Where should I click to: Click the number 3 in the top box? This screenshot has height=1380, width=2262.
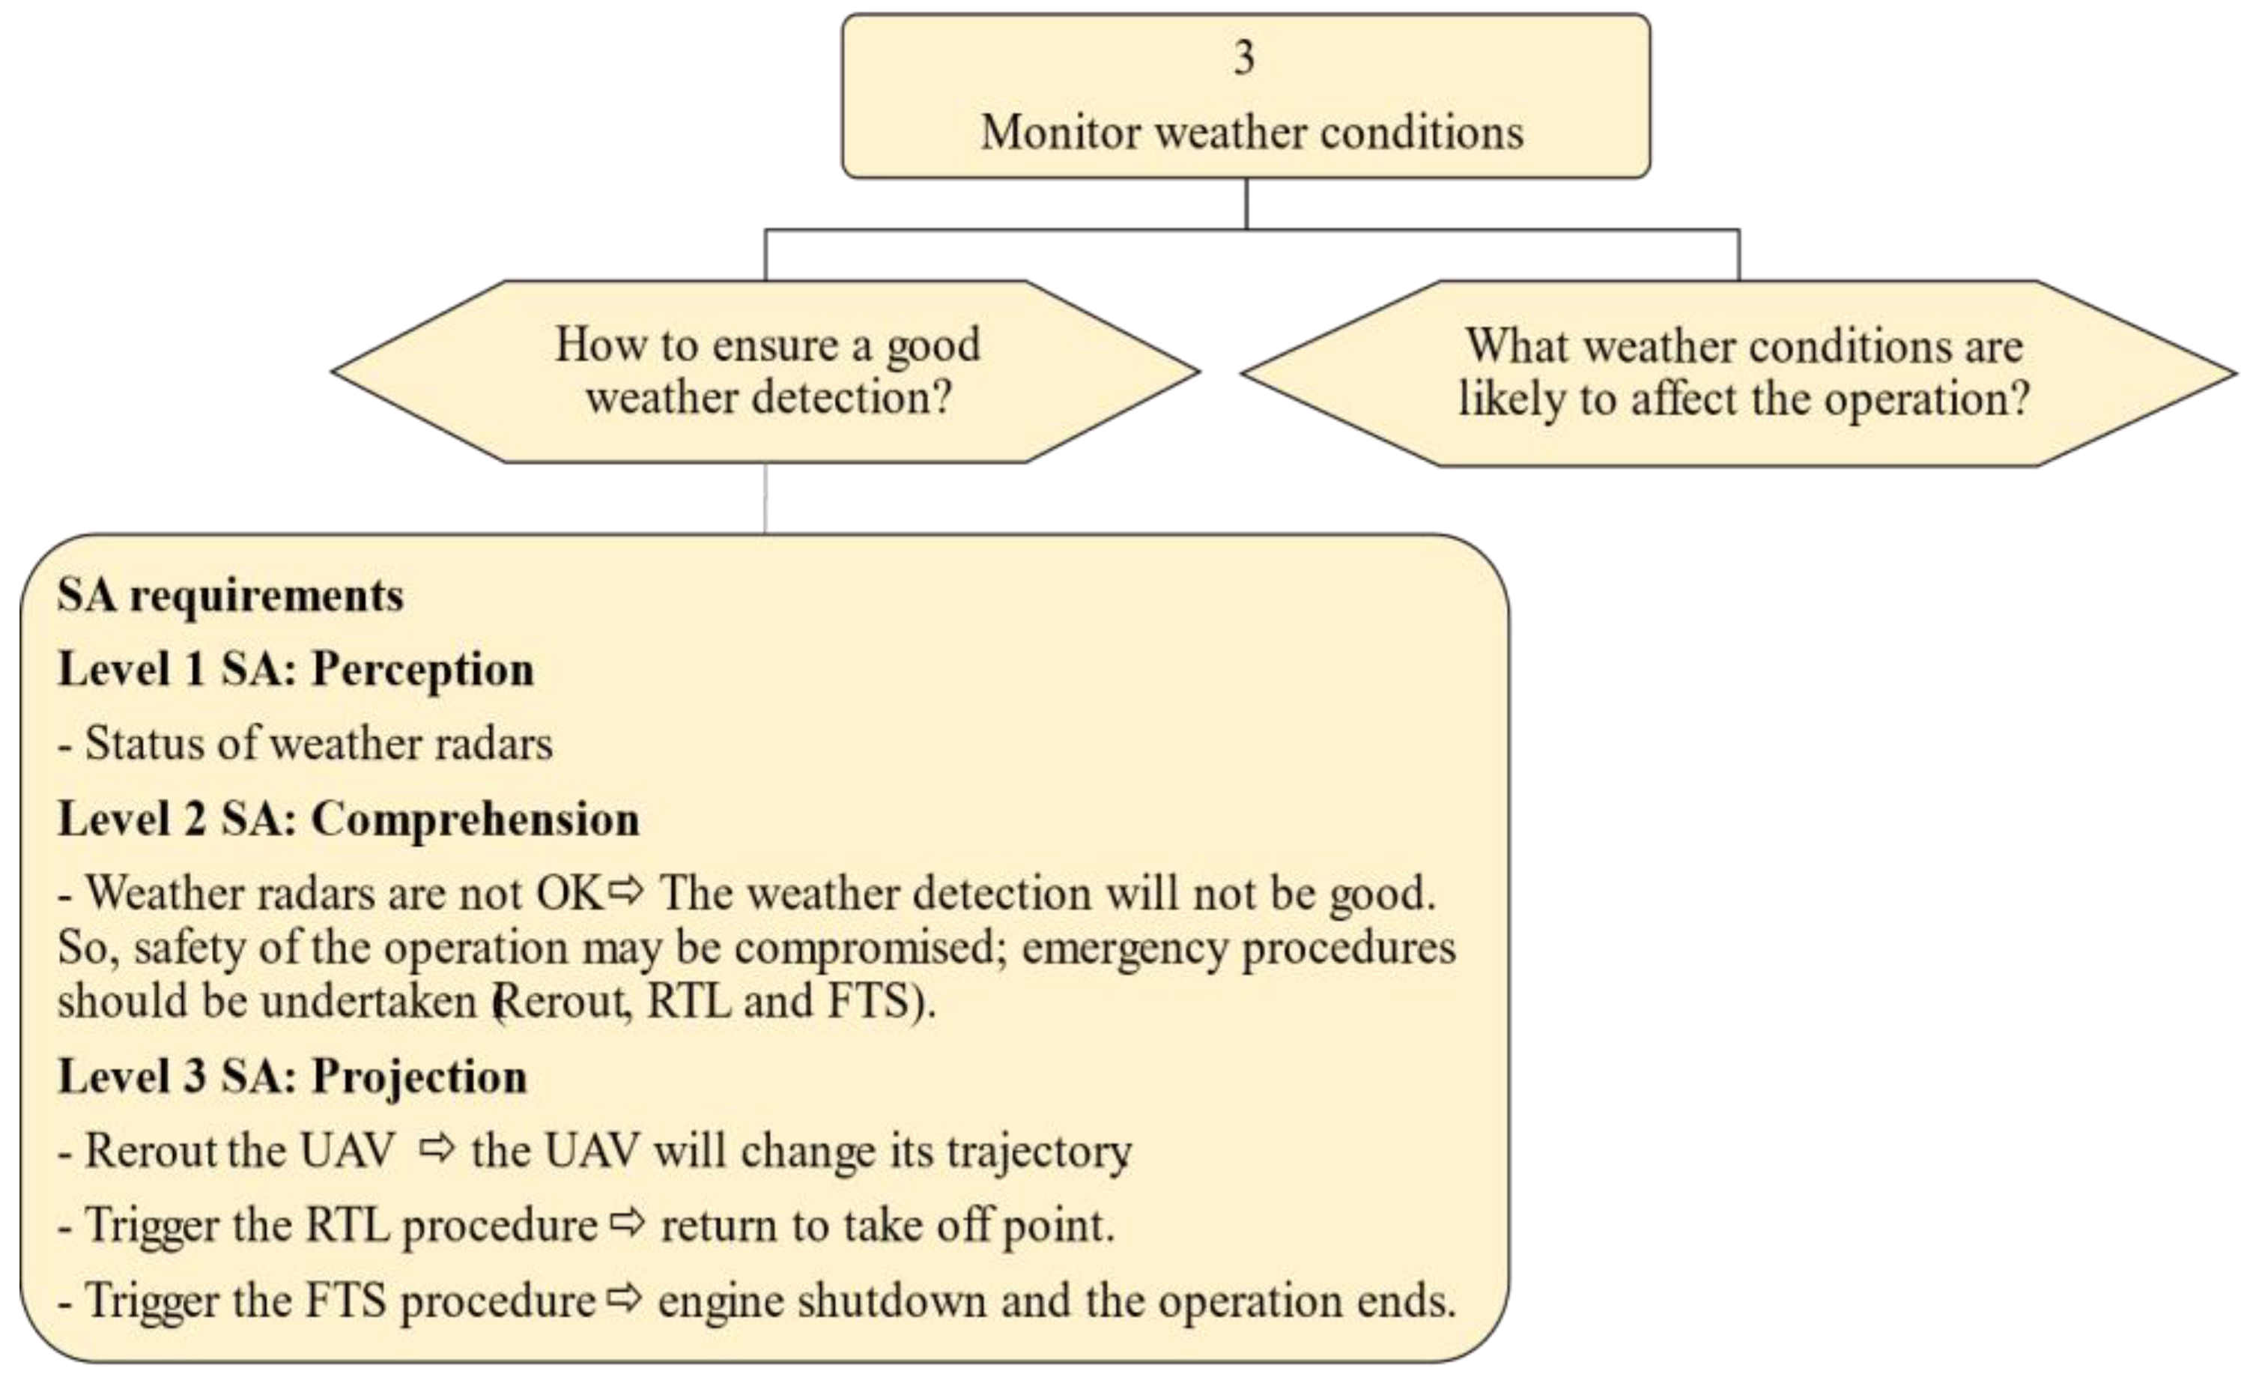1244,58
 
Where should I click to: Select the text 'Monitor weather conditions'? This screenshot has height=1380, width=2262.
1252,132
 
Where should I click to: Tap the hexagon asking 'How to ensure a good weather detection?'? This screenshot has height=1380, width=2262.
766,371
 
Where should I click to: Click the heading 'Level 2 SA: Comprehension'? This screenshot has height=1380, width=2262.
348,818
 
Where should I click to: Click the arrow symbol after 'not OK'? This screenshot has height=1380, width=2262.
627,890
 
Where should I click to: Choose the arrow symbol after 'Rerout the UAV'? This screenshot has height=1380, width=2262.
437,1148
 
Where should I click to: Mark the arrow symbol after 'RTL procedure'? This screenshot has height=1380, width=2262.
628,1222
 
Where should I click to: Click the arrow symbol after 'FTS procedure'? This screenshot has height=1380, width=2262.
625,1298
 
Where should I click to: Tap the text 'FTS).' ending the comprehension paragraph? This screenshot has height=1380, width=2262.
882,1001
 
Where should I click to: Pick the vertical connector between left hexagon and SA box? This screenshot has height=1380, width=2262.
765,497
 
